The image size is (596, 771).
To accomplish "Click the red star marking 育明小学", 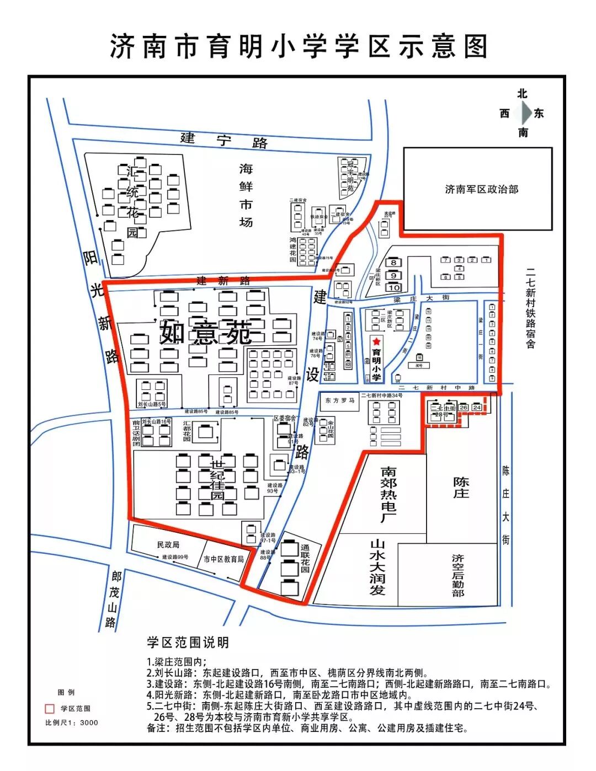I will (x=377, y=342).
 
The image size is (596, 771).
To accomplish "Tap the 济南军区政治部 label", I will (x=481, y=189).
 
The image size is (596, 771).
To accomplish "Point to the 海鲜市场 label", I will (x=246, y=195).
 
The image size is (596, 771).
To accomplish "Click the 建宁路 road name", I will (x=223, y=140).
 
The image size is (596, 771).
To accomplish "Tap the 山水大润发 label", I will (x=377, y=567).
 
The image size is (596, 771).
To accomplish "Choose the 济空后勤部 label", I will (x=457, y=575).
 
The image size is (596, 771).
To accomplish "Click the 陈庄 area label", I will (x=461, y=488).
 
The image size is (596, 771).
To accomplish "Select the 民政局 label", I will (x=168, y=545).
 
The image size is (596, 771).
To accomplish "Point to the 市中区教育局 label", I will (x=223, y=559).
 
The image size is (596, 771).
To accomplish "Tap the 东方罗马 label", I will (x=339, y=400).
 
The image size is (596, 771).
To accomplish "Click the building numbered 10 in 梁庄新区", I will (x=393, y=287).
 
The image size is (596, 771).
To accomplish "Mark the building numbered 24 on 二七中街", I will (x=477, y=408).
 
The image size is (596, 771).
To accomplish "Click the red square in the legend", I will (x=50, y=709).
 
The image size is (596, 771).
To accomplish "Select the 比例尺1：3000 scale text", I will (x=72, y=722).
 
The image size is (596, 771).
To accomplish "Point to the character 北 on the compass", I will (x=522, y=94).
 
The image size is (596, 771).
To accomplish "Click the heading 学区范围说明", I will (x=188, y=642).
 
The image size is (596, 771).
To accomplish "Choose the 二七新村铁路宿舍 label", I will (x=530, y=308).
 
